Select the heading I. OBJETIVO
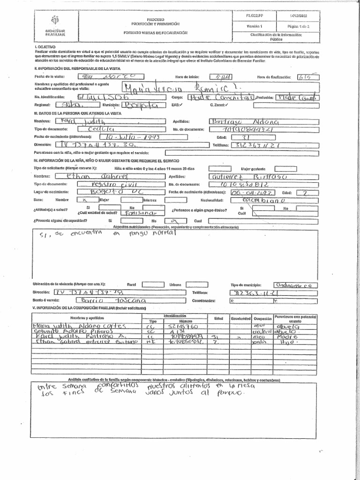coord(45,47)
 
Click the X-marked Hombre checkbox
coord(84,199)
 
